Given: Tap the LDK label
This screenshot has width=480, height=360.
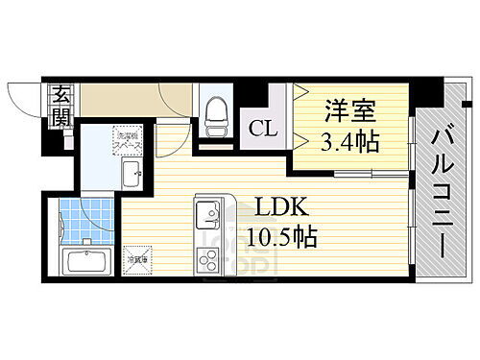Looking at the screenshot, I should coord(273,206).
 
